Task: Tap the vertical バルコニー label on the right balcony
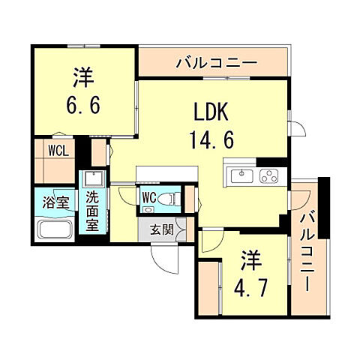pos(307,250)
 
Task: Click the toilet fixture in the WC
pos(170,199)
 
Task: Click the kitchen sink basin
pos(242,176)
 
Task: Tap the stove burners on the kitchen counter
pos(268,177)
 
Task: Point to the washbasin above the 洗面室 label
pos(92,180)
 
